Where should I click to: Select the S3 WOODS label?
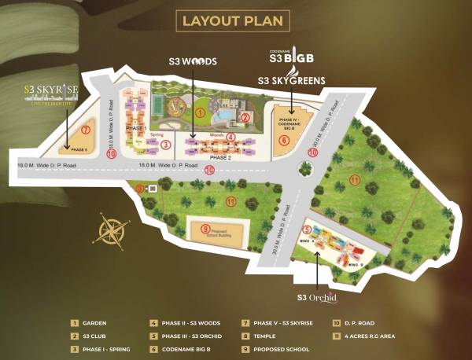click(x=193, y=61)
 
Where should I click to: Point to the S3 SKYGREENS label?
click(x=292, y=80)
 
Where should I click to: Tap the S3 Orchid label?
click(x=317, y=297)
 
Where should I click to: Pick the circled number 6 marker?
click(x=284, y=141)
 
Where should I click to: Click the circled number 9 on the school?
click(x=206, y=229)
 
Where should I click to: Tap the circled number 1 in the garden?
click(x=201, y=113)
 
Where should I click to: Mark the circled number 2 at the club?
click(x=245, y=118)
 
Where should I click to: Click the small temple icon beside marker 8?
click(x=153, y=189)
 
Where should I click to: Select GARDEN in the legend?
click(x=94, y=322)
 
